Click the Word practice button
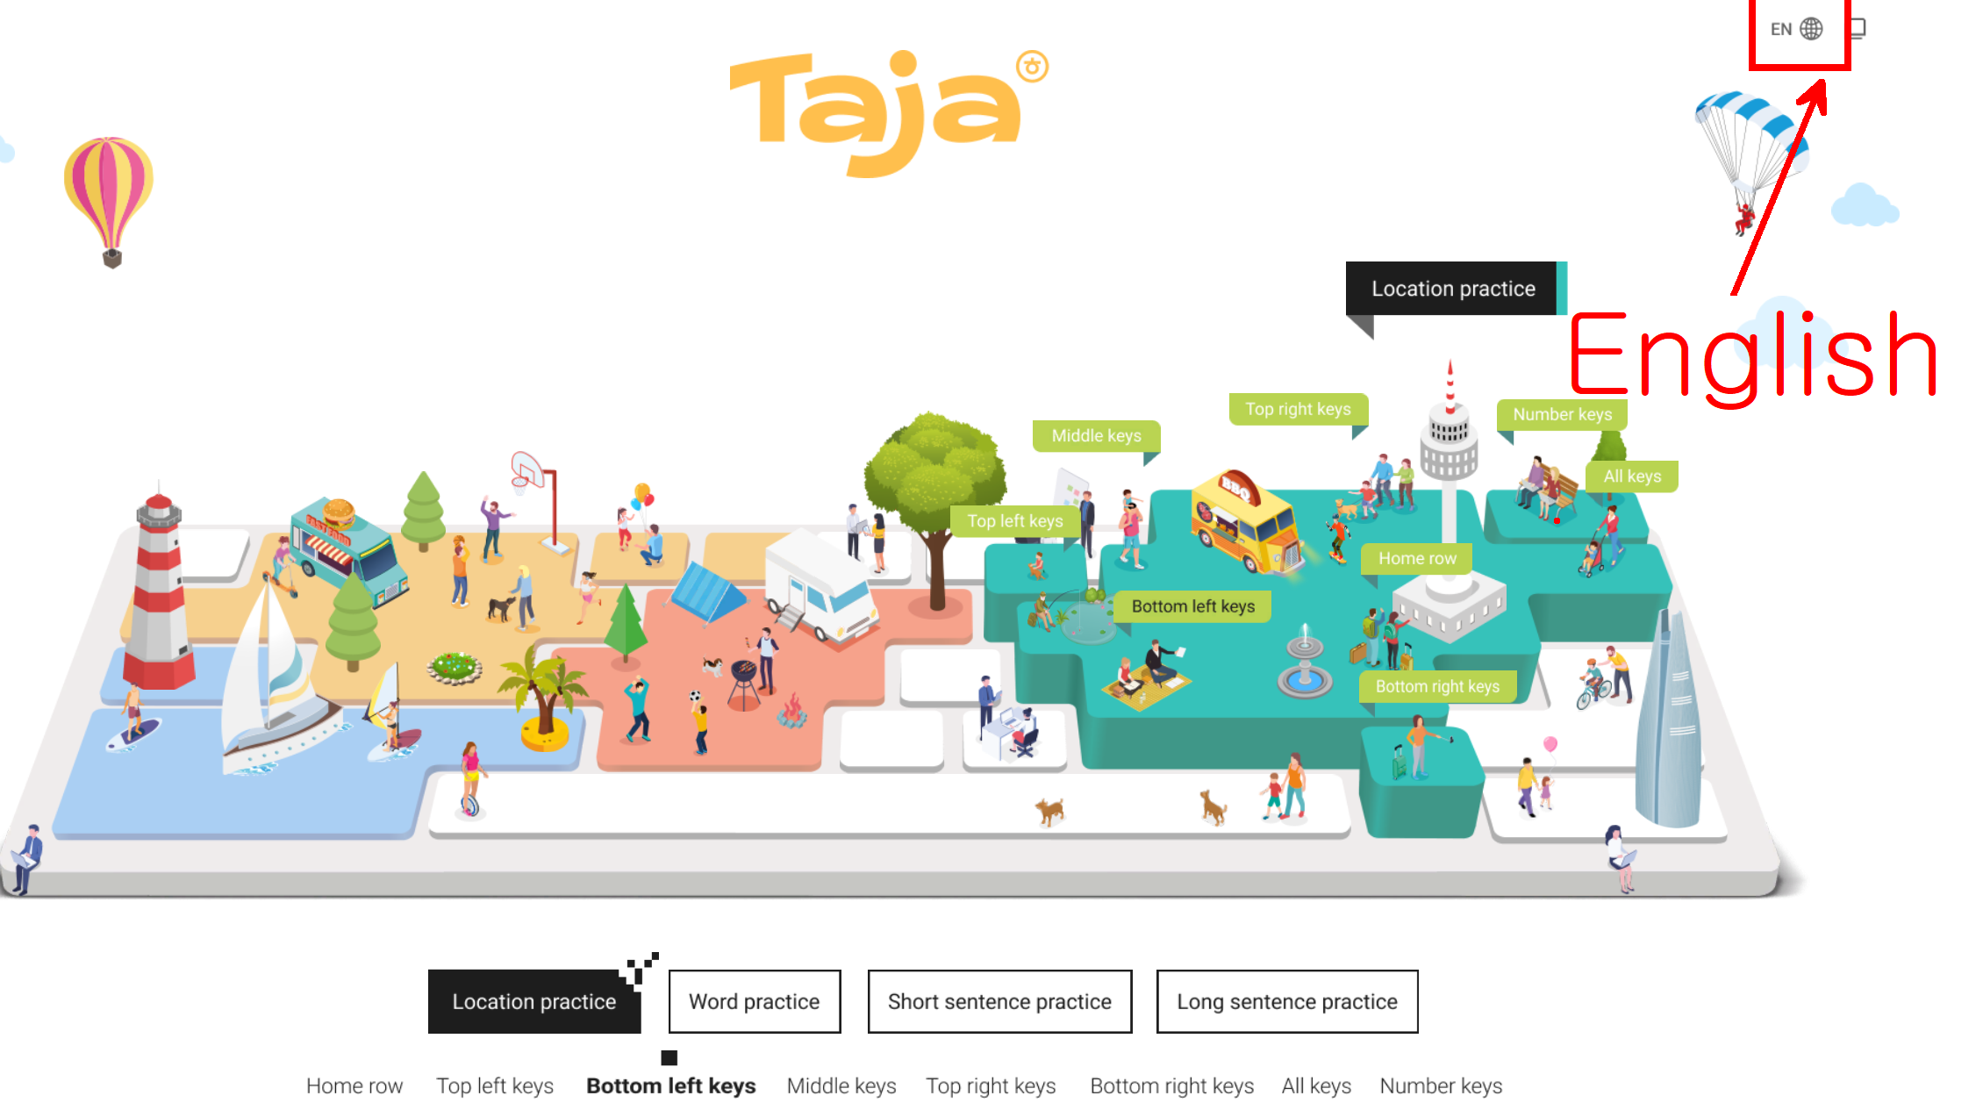coord(754,1001)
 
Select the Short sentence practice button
coord(999,1001)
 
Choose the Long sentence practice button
coord(1286,1001)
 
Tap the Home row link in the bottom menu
coord(354,1085)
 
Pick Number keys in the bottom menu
coord(1441,1085)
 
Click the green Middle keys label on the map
coord(1096,435)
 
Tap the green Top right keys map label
coord(1298,409)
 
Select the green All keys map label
coord(1632,476)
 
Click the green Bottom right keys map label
coord(1437,686)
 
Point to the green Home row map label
coord(1416,558)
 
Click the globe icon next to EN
coord(1811,29)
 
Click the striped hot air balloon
coord(109,193)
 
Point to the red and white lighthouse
coord(158,597)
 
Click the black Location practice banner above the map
coord(1452,289)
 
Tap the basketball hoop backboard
coord(526,469)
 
